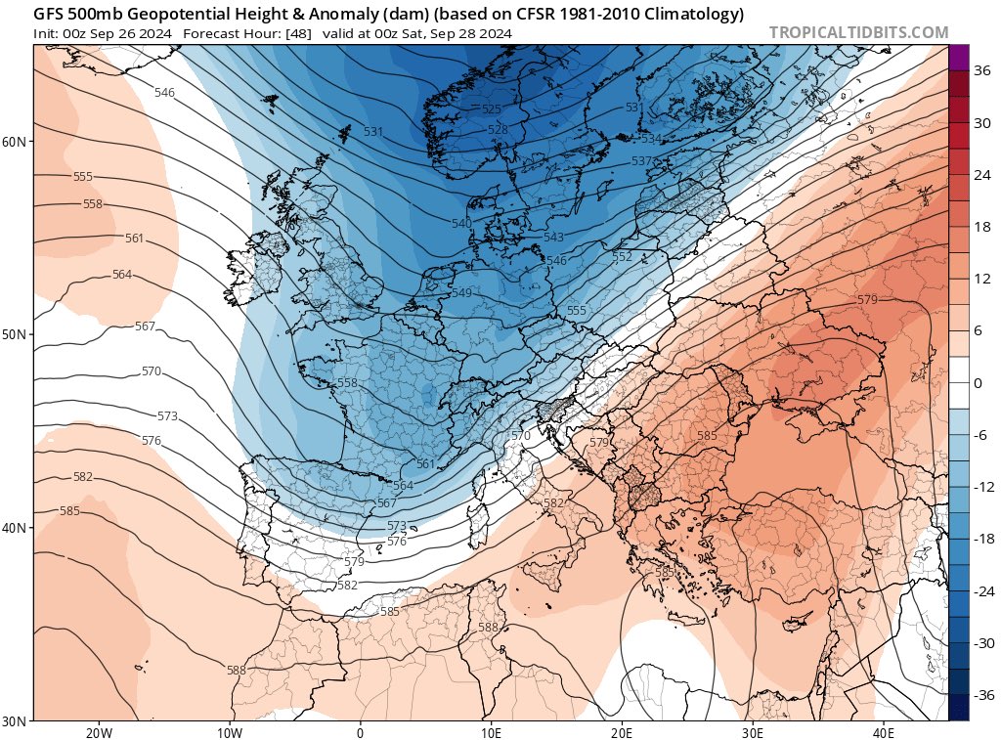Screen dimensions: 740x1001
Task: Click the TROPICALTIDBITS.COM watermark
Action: pyautogui.click(x=858, y=32)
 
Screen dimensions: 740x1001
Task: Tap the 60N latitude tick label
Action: pyautogui.click(x=15, y=142)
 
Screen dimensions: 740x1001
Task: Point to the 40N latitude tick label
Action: pyautogui.click(x=15, y=528)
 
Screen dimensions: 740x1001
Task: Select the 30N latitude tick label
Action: pyautogui.click(x=15, y=720)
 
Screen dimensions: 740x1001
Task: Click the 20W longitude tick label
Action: pyautogui.click(x=98, y=732)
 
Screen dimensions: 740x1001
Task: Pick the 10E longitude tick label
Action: pyautogui.click(x=491, y=732)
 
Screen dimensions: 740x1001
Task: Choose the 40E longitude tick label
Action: pyautogui.click(x=883, y=732)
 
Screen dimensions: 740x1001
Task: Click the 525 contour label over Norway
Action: pyautogui.click(x=492, y=109)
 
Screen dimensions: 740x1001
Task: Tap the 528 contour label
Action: pyautogui.click(x=498, y=130)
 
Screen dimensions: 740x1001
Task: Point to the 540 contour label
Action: pyautogui.click(x=461, y=224)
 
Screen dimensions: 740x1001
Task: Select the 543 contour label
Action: pyautogui.click(x=553, y=238)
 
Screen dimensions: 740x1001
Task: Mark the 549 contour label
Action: pyautogui.click(x=462, y=293)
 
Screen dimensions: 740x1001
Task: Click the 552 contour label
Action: pyautogui.click(x=622, y=257)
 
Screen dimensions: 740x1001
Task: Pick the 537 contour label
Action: pyautogui.click(x=641, y=161)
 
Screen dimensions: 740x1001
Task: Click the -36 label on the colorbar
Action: pyautogui.click(x=980, y=695)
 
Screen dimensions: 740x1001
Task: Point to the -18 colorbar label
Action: pyautogui.click(x=980, y=539)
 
